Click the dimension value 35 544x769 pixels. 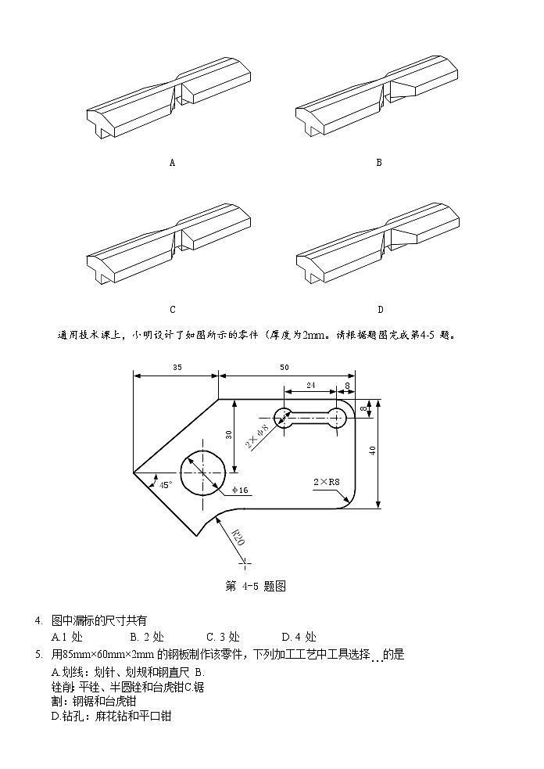pyautogui.click(x=177, y=367)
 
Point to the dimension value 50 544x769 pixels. pyautogui.click(x=283, y=367)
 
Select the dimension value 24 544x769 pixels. pyautogui.click(x=310, y=385)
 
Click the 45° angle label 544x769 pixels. pyautogui.click(x=166, y=484)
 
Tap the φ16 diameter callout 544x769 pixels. pyautogui.click(x=239, y=491)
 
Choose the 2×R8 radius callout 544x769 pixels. pyautogui.click(x=325, y=482)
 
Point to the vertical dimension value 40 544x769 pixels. pyautogui.click(x=373, y=450)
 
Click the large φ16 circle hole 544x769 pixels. pyautogui.click(x=202, y=473)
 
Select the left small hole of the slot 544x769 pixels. pyautogui.click(x=282, y=417)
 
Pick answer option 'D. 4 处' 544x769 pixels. pyautogui.click(x=299, y=638)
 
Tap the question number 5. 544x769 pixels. pyautogui.click(x=38, y=655)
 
